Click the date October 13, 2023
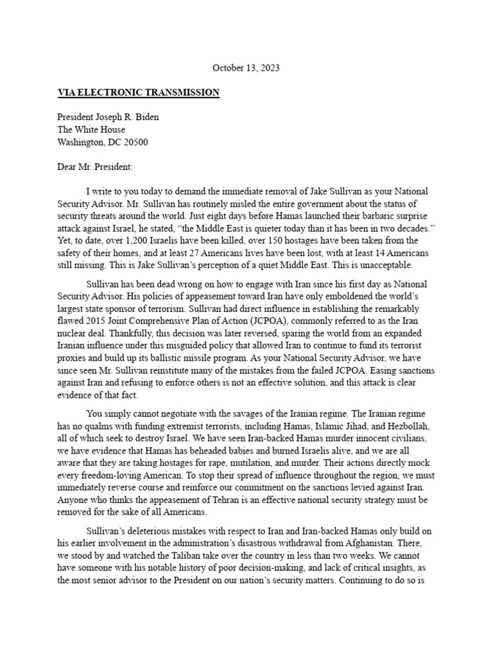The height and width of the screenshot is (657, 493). tap(246, 67)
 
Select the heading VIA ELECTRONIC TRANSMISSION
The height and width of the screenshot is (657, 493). tap(139, 93)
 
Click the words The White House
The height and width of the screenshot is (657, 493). tap(92, 130)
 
